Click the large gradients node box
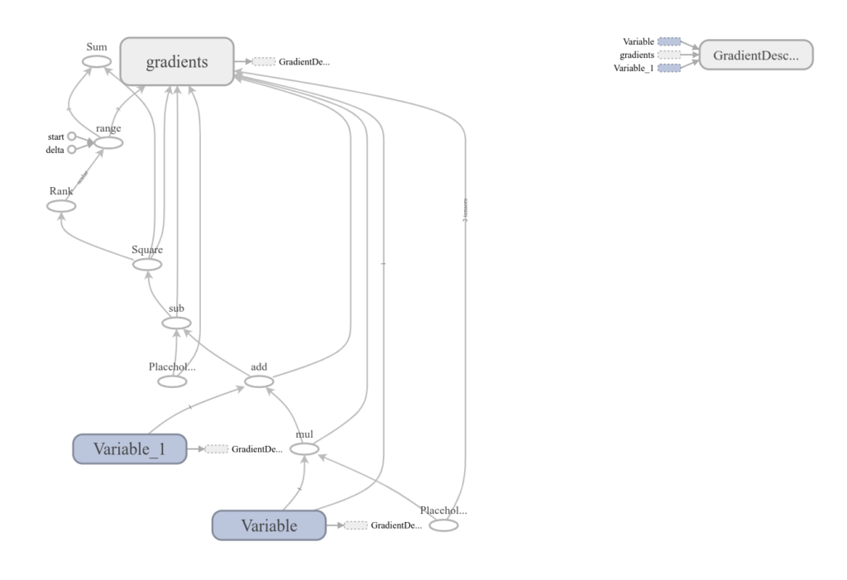[x=177, y=61]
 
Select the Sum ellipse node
[x=96, y=61]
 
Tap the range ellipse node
[x=108, y=143]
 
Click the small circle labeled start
[x=71, y=137]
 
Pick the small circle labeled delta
[x=71, y=150]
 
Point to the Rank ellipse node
[x=61, y=206]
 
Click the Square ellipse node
[x=147, y=264]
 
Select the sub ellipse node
[x=176, y=323]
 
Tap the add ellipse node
[x=259, y=381]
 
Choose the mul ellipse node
[x=304, y=449]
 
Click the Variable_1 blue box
[x=129, y=448]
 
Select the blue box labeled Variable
[x=268, y=525]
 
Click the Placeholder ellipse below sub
[x=172, y=381]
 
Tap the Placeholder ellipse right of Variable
[x=443, y=525]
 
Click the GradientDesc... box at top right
[x=756, y=55]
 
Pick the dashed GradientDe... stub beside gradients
[x=264, y=61]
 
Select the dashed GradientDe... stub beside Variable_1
[x=216, y=448]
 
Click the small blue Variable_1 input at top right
[x=669, y=68]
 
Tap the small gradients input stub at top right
[x=669, y=55]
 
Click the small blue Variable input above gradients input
[x=669, y=41]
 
